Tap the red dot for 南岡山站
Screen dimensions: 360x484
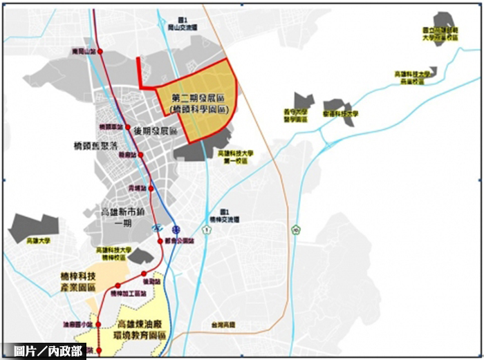pyautogui.click(x=101, y=52)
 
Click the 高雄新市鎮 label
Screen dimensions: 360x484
pyautogui.click(x=123, y=212)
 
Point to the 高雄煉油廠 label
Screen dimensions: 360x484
pyautogui.click(x=142, y=325)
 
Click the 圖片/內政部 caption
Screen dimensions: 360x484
pyautogui.click(x=43, y=351)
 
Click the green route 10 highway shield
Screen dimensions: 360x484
pyautogui.click(x=296, y=229)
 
